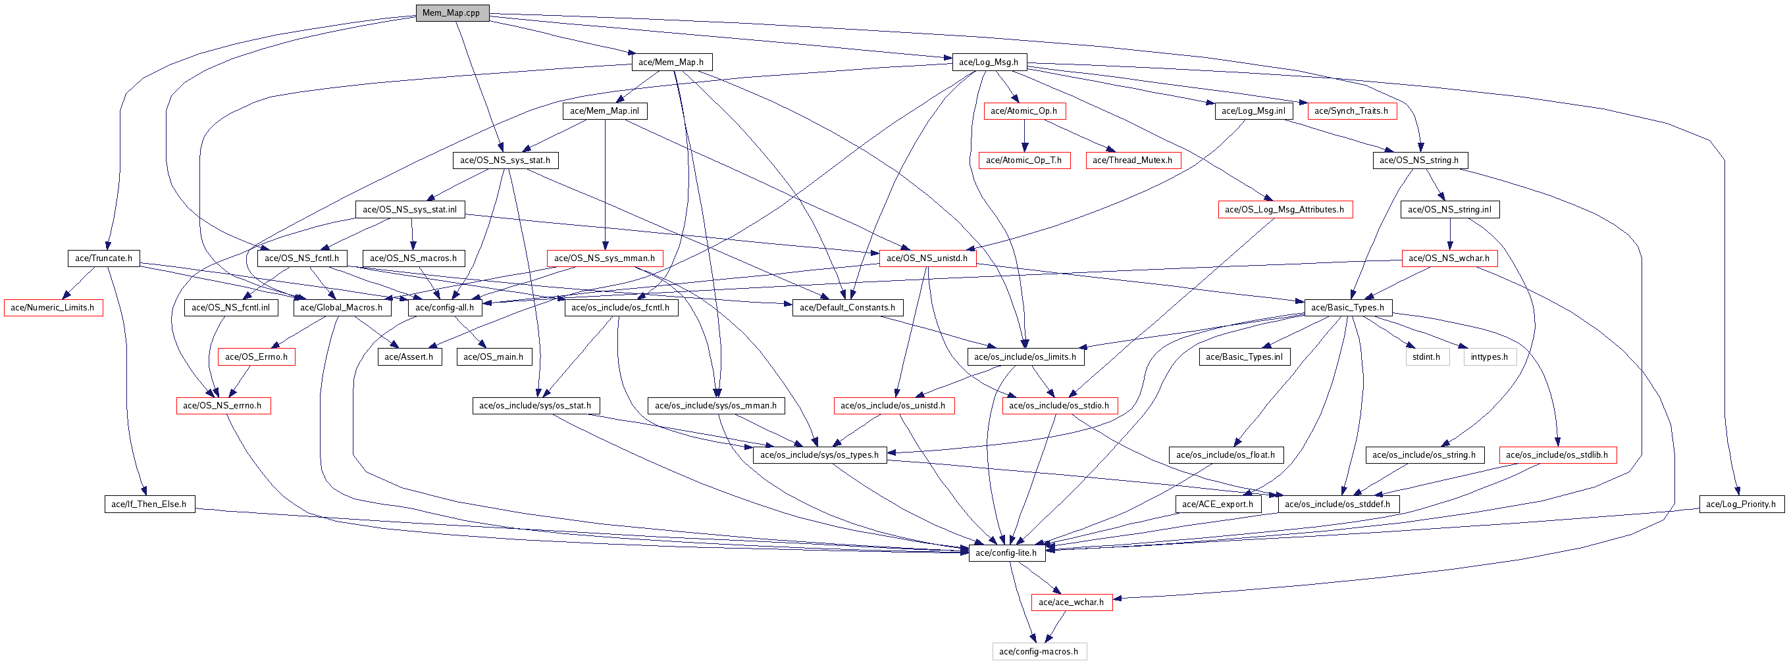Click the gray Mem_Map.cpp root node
tap(452, 13)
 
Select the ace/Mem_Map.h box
tap(671, 62)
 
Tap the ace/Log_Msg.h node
tap(989, 62)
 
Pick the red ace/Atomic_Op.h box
tap(1024, 111)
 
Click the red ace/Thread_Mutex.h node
tap(1132, 160)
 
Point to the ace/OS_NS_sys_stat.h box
tap(505, 160)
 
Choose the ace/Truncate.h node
tap(103, 258)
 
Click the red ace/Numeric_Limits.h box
tap(53, 307)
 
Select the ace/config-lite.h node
tap(1006, 552)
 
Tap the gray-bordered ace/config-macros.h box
tap(1039, 651)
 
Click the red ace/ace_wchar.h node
tap(1071, 602)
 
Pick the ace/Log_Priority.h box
tap(1740, 504)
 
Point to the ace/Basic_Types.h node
tap(1347, 307)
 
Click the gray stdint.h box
tap(1426, 356)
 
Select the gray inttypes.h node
tap(1489, 356)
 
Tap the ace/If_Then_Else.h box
tap(149, 504)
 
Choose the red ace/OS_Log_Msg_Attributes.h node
tap(1284, 209)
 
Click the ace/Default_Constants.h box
tap(847, 307)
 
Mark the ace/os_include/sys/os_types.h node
tap(819, 455)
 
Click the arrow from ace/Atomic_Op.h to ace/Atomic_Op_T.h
tap(1024, 135)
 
